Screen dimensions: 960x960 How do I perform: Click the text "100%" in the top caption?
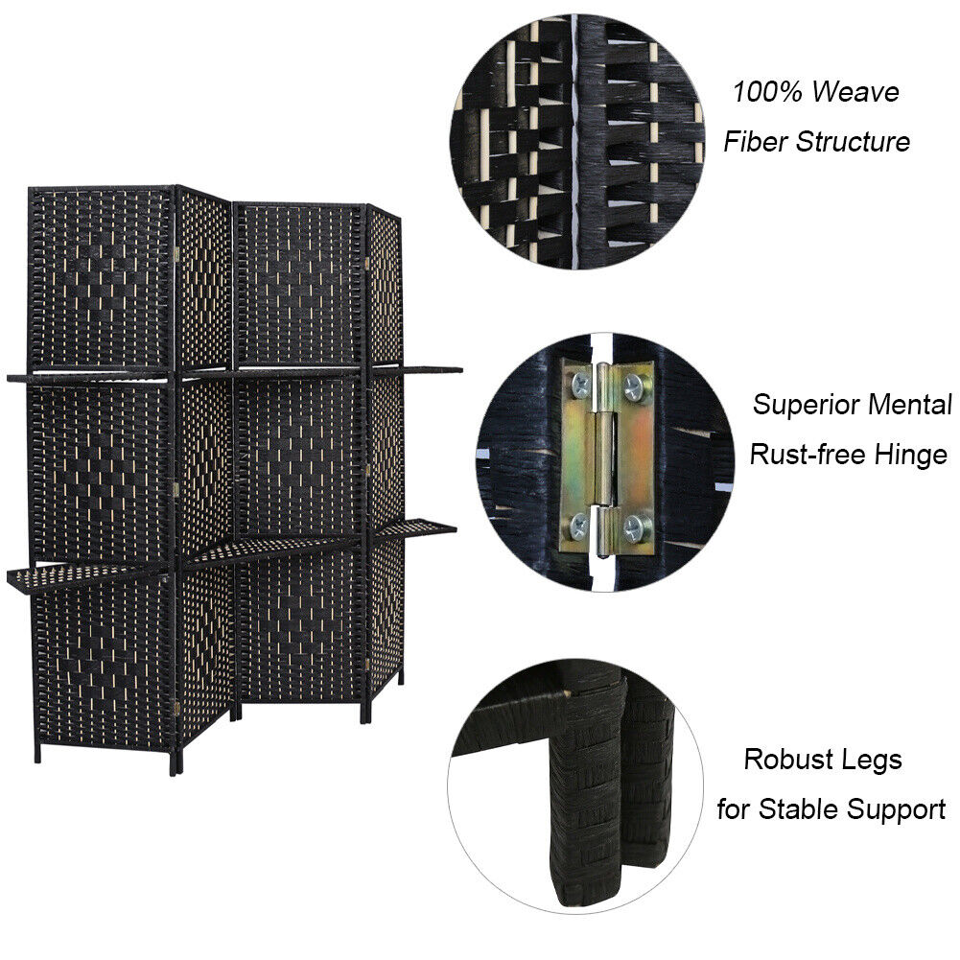click(x=768, y=92)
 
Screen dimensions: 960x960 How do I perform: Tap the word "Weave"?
click(x=855, y=92)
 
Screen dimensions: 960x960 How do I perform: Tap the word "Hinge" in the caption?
click(x=911, y=456)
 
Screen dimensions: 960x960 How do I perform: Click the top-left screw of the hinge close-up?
click(x=579, y=385)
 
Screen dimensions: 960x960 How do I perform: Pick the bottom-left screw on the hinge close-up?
click(x=578, y=526)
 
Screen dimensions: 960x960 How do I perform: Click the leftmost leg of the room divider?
click(x=37, y=753)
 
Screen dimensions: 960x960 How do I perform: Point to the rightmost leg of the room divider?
click(x=401, y=676)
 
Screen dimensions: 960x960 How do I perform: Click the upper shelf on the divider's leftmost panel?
click(x=90, y=377)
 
